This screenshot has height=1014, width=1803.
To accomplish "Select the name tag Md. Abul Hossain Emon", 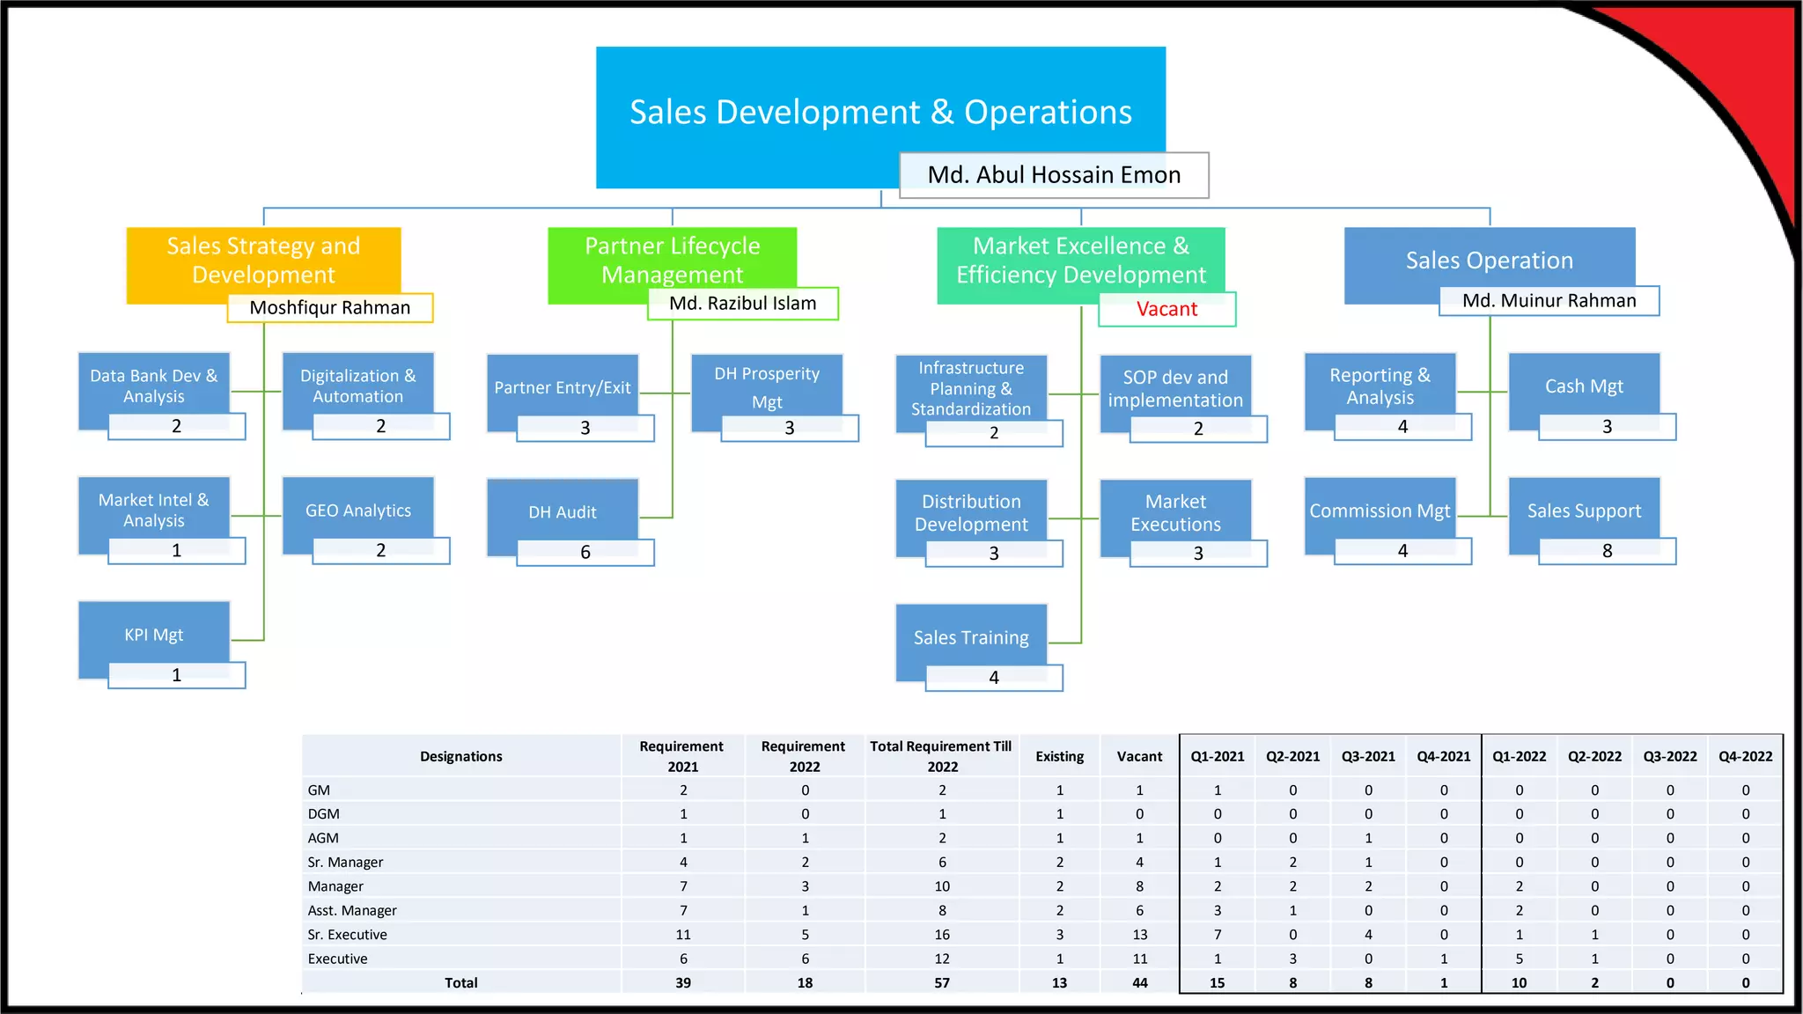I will (x=1054, y=175).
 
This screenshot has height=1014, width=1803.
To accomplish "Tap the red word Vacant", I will (x=1166, y=309).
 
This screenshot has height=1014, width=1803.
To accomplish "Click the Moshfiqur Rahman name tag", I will (x=330, y=308).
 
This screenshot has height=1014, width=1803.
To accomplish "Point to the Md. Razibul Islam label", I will (x=743, y=304).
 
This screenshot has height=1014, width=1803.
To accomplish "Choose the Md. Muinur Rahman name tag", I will (x=1549, y=301).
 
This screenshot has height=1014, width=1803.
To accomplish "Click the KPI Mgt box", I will (x=154, y=635).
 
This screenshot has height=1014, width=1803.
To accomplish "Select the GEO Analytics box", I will (x=358, y=511).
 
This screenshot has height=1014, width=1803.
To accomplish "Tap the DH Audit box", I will (x=563, y=512).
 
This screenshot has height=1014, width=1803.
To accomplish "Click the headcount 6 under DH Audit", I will (x=585, y=553).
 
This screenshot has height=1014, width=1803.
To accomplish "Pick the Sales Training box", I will (x=971, y=637).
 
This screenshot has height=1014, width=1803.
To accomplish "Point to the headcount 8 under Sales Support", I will (x=1607, y=551).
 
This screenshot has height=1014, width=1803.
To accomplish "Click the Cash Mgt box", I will (x=1584, y=386).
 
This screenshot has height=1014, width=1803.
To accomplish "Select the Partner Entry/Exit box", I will (x=563, y=388).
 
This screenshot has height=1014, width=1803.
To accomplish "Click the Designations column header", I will (x=460, y=756).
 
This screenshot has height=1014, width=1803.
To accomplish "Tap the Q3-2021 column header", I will (x=1368, y=756).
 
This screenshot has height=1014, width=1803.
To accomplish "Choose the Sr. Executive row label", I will (x=348, y=935).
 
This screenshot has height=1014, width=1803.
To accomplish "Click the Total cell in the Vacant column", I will (x=1139, y=983).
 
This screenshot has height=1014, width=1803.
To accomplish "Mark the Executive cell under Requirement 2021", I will (x=683, y=959).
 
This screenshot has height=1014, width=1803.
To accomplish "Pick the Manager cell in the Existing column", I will (x=1059, y=886).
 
